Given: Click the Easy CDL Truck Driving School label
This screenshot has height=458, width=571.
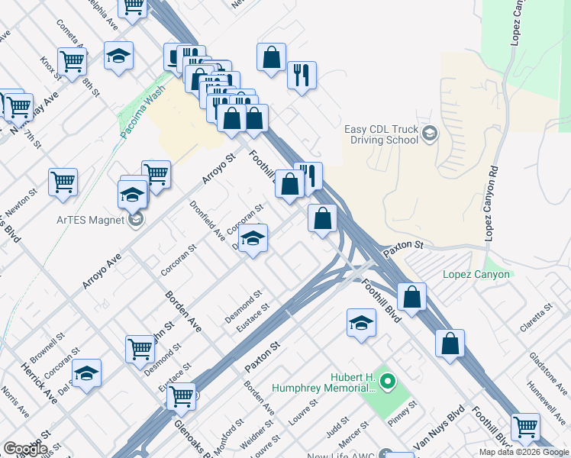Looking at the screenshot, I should [x=384, y=135].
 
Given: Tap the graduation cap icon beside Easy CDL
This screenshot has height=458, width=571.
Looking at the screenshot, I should [x=429, y=134].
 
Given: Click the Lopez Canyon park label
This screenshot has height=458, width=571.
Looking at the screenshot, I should [x=476, y=275].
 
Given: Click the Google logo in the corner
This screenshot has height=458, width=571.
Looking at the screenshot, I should [x=24, y=448].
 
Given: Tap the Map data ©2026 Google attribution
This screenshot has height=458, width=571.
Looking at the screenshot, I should [x=524, y=452].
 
